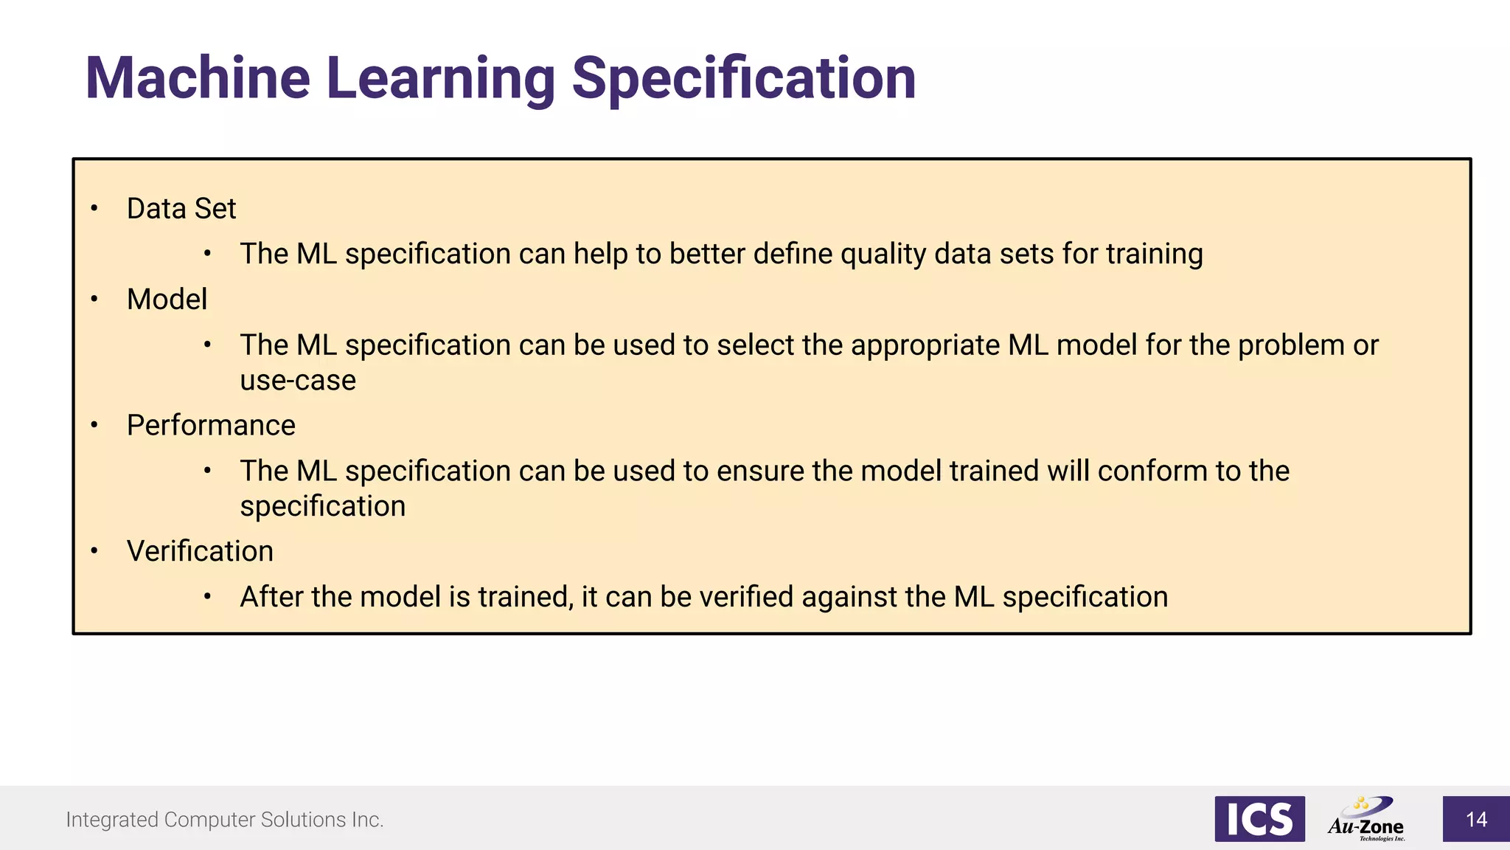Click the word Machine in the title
pos(198,78)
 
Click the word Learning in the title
pos(440,78)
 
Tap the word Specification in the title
pos(743,78)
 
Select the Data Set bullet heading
pos(181,209)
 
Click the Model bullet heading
pos(167,300)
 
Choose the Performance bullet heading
pos(211,426)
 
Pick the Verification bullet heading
pos(200,551)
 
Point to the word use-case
pos(298,381)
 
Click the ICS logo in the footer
pos(1259,819)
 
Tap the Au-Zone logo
pos(1367,819)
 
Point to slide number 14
pos(1476,820)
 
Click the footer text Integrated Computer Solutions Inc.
pos(225,820)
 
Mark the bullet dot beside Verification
pos(94,550)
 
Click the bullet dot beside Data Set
pos(94,209)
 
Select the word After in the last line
pos(271,597)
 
